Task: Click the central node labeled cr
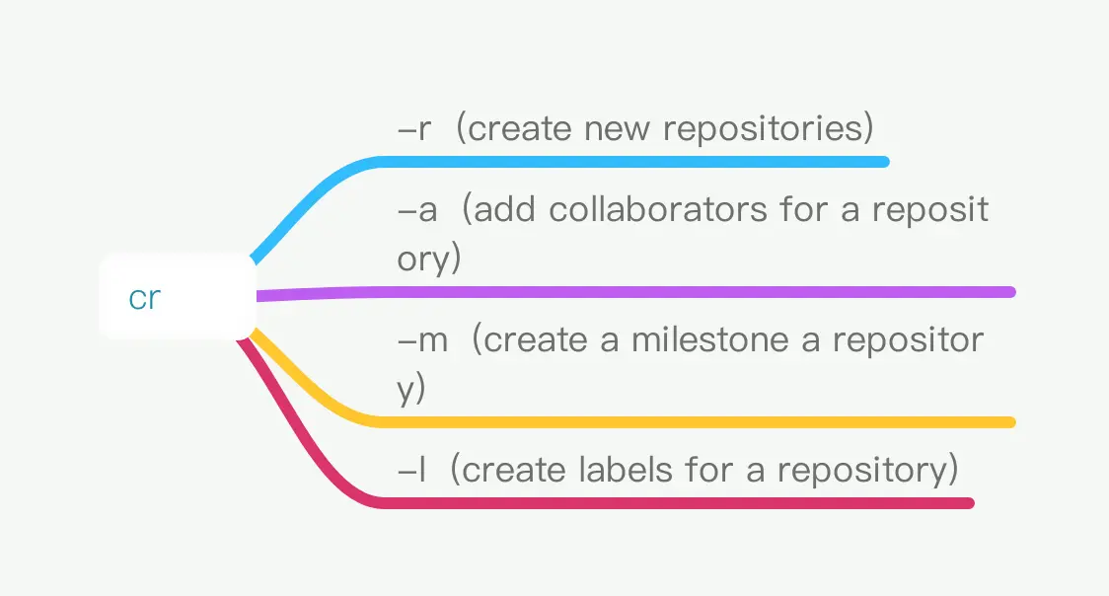(x=178, y=297)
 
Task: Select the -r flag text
(x=414, y=128)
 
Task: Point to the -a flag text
(x=417, y=210)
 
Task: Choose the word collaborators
(x=658, y=209)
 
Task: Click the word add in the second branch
(x=504, y=209)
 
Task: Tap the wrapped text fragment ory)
(x=428, y=259)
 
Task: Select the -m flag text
(x=423, y=340)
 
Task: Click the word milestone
(x=709, y=340)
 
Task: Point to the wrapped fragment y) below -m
(x=410, y=389)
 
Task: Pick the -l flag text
(x=412, y=470)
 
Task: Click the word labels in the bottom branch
(x=626, y=470)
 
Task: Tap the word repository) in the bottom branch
(x=868, y=471)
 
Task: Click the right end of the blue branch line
(x=884, y=162)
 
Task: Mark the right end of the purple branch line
(x=1010, y=292)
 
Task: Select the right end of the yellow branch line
(x=1010, y=422)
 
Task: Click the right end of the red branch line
(x=970, y=503)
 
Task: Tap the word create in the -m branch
(x=536, y=340)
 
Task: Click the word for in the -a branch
(x=803, y=209)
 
